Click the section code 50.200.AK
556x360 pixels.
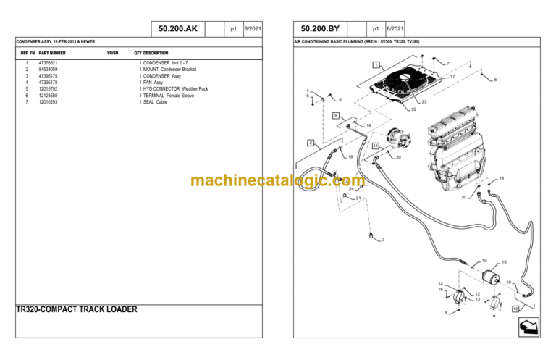(x=177, y=29)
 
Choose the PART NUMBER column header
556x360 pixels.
(x=52, y=53)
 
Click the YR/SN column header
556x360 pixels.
(x=112, y=53)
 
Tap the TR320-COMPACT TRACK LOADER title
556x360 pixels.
(x=76, y=309)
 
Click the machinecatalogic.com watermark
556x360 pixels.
(x=277, y=180)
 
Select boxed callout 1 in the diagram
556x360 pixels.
(x=376, y=64)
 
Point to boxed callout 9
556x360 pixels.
(x=336, y=115)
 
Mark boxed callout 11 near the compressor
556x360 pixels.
(x=376, y=146)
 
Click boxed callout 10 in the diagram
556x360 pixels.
(x=515, y=309)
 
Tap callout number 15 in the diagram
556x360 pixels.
(x=504, y=262)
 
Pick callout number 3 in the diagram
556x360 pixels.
(x=383, y=240)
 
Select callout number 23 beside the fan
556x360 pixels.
(x=424, y=102)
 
